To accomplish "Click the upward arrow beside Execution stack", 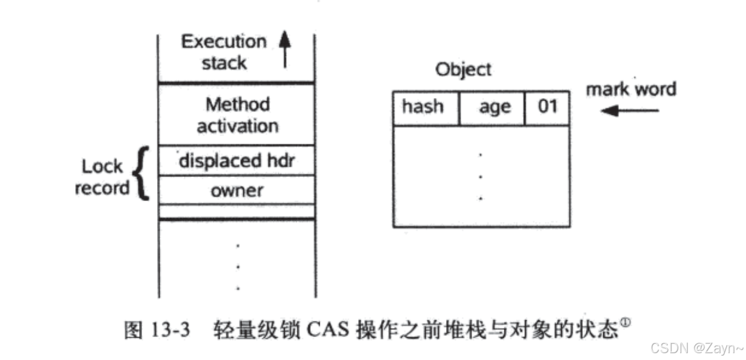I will pyautogui.click(x=285, y=50).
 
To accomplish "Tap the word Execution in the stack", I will pyautogui.click(x=223, y=42).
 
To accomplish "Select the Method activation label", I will pyautogui.click(x=237, y=115).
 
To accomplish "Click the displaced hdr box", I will pyautogui.click(x=237, y=161).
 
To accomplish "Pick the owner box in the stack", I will pyautogui.click(x=237, y=190).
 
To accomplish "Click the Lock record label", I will pyautogui.click(x=102, y=177).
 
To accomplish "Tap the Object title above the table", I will pyautogui.click(x=462, y=69).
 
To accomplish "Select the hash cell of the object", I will pyautogui.click(x=423, y=107).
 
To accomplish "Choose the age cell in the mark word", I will pyautogui.click(x=494, y=107).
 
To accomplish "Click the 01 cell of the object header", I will pyautogui.click(x=547, y=107).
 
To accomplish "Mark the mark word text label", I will pyautogui.click(x=631, y=89).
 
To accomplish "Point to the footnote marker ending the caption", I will pyautogui.click(x=626, y=323).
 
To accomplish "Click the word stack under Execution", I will pyautogui.click(x=223, y=63).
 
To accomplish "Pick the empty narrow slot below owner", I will pyautogui.click(x=237, y=211).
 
